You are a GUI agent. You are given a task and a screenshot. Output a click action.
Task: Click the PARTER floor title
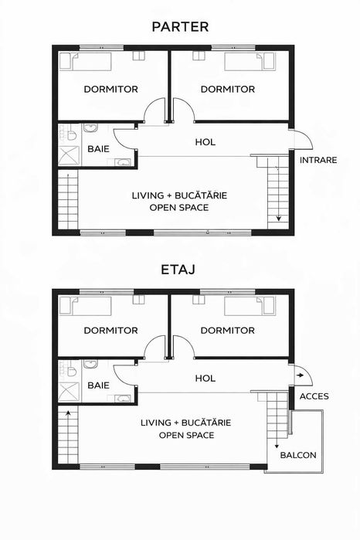tap(180, 27)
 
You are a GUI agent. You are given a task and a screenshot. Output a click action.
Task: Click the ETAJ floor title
tap(178, 270)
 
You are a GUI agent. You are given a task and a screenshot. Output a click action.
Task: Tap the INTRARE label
tap(318, 160)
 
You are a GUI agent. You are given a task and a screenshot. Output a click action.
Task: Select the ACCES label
tap(314, 396)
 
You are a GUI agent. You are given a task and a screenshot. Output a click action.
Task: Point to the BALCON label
tap(298, 455)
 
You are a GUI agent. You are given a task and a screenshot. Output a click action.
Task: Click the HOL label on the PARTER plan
tap(205, 142)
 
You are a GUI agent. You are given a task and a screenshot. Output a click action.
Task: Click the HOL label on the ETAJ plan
tap(205, 379)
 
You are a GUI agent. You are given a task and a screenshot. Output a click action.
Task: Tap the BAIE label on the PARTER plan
tap(98, 149)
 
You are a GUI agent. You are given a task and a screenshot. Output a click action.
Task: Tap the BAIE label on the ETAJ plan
tap(98, 385)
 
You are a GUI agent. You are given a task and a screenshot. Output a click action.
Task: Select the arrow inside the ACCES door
tap(300, 375)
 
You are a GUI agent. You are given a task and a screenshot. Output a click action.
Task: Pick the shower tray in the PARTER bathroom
tap(69, 155)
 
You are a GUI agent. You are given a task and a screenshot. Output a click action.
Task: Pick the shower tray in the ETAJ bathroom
tap(69, 392)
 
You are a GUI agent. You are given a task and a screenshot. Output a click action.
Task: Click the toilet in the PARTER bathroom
tap(71, 134)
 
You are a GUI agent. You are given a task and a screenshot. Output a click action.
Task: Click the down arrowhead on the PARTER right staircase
tap(278, 219)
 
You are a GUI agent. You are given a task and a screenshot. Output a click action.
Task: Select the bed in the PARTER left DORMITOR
tap(86, 61)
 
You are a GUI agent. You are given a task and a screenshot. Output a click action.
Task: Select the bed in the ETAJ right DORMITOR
tap(250, 306)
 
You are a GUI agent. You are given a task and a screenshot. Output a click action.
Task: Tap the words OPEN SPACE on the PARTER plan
tap(179, 208)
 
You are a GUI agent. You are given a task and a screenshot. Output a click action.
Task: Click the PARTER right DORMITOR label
tap(228, 89)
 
